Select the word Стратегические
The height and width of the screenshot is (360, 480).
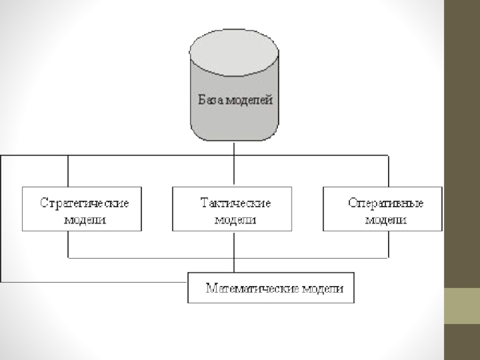click(x=84, y=203)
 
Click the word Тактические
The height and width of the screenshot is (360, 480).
click(x=235, y=203)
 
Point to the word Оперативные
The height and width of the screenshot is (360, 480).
click(x=386, y=203)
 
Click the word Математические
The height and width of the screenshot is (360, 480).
click(x=253, y=288)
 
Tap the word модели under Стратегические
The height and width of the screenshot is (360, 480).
click(x=85, y=220)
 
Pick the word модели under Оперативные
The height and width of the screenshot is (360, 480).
click(x=386, y=220)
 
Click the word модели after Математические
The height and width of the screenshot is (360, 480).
click(x=322, y=288)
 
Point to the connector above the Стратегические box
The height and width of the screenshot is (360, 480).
click(x=68, y=172)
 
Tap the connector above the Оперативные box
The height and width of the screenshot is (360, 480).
click(x=388, y=172)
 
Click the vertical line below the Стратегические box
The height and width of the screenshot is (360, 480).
click(x=68, y=245)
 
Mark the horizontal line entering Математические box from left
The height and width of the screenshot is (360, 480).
click(x=90, y=281)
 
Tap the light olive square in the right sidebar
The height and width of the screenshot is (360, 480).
click(x=461, y=306)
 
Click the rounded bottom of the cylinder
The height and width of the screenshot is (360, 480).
click(x=233, y=137)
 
